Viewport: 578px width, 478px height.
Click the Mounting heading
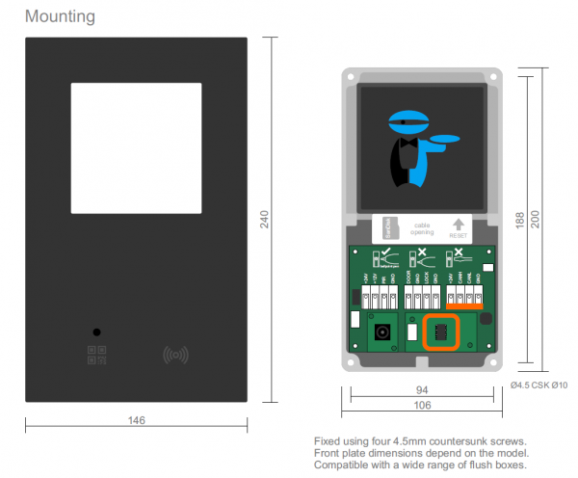click(x=60, y=16)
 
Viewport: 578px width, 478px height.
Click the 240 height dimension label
click(x=265, y=221)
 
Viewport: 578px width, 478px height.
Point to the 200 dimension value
click(x=547, y=221)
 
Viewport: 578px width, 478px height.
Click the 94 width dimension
click(x=420, y=390)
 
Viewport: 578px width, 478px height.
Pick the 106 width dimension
click(x=420, y=406)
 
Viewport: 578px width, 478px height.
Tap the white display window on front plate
click(x=136, y=147)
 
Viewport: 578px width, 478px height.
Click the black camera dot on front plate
click(x=96, y=332)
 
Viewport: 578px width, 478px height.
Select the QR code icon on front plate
click(x=96, y=356)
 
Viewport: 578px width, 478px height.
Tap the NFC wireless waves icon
click(x=174, y=355)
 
